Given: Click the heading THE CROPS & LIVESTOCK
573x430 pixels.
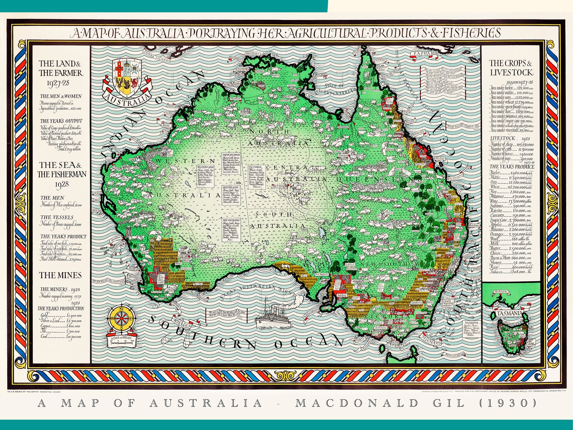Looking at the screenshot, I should click(511, 68).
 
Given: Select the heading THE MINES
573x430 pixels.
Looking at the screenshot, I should click(61, 275).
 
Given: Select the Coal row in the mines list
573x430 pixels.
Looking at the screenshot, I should click(60, 336).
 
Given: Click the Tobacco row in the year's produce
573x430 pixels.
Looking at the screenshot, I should click(511, 272).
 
